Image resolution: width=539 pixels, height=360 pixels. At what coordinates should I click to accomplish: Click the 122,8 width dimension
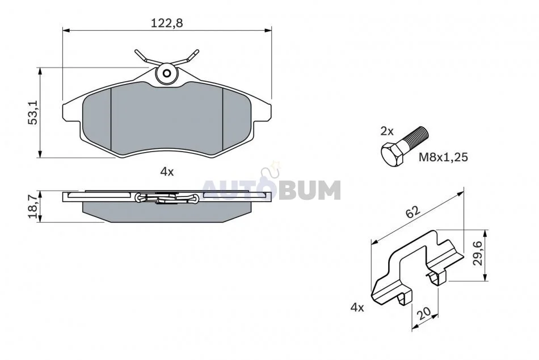tap(167, 23)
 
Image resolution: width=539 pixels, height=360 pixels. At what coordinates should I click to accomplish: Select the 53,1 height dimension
tap(33, 112)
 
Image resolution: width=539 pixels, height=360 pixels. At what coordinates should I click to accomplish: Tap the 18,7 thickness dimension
tap(33, 207)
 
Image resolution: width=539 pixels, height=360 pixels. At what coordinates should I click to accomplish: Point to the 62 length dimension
tap(413, 211)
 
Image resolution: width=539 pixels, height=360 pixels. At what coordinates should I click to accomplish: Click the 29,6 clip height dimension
tap(478, 253)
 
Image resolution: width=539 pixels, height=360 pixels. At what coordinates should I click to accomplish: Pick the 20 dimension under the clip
tap(423, 313)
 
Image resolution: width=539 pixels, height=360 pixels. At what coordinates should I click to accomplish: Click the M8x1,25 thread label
tap(443, 157)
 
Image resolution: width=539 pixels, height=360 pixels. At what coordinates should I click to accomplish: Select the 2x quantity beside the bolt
tap(387, 131)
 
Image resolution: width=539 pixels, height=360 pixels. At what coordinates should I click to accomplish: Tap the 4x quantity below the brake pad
tap(167, 171)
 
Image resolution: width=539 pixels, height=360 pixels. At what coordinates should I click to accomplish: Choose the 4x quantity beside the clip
tap(357, 307)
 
